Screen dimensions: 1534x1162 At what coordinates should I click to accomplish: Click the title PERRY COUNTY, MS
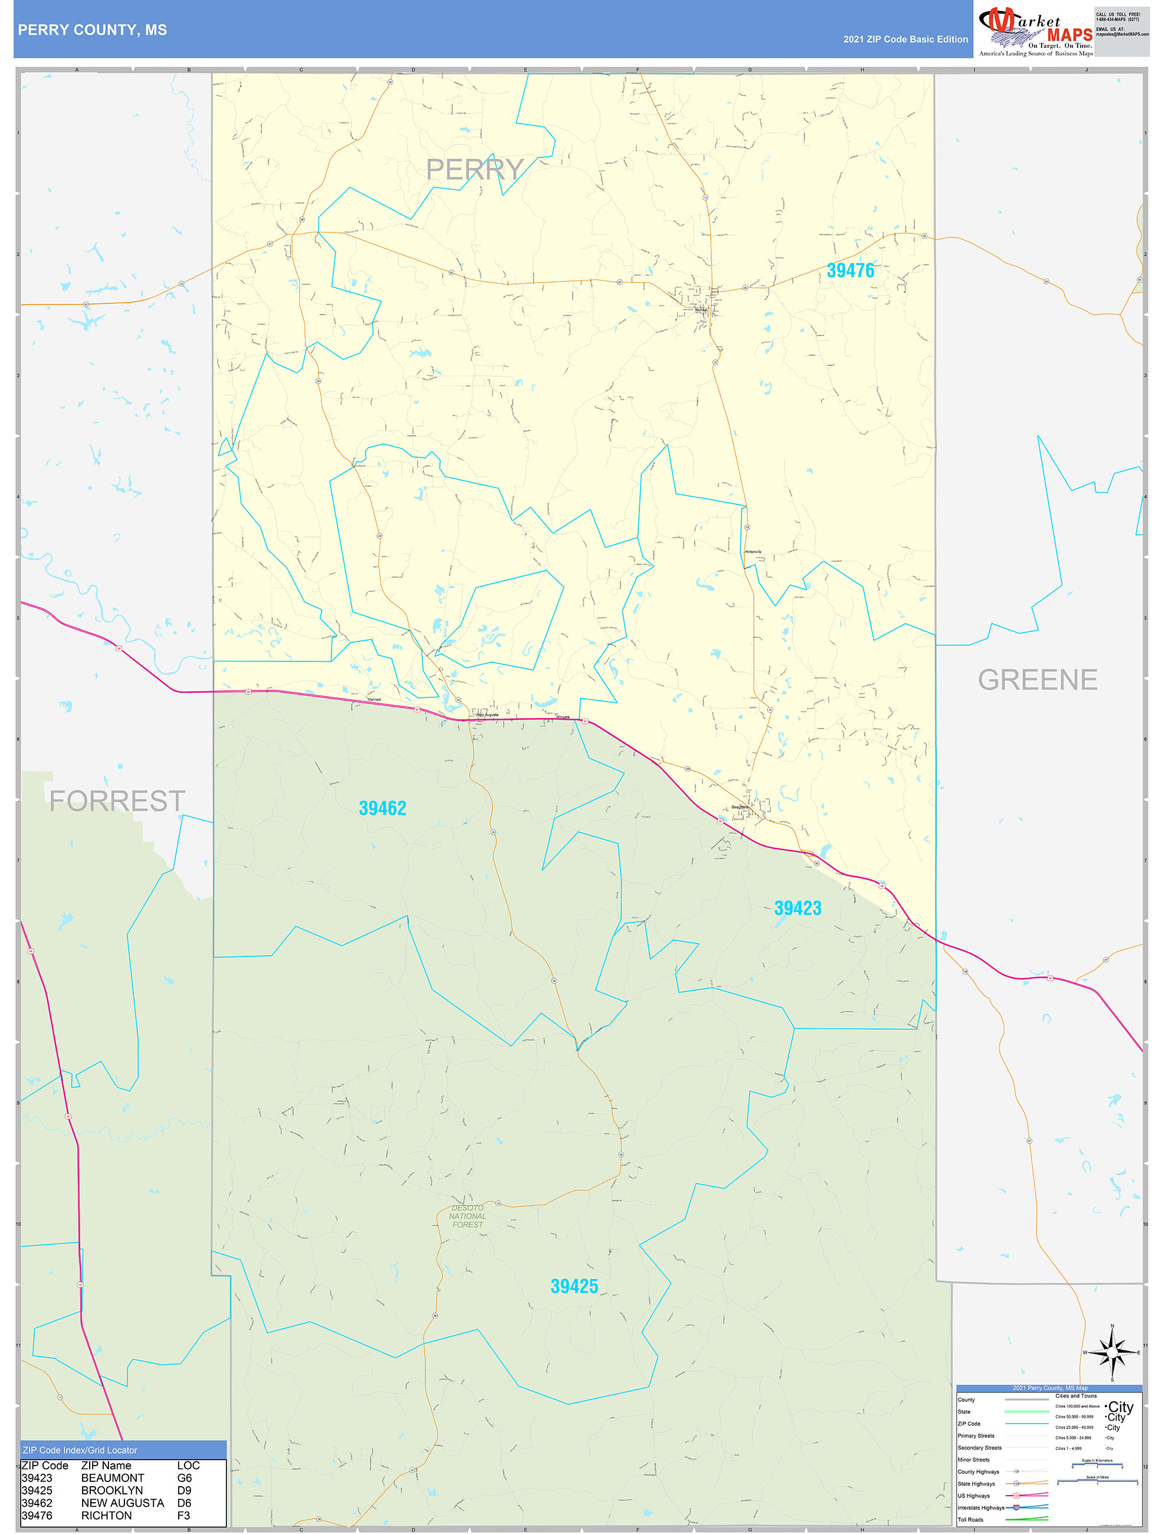pyautogui.click(x=92, y=30)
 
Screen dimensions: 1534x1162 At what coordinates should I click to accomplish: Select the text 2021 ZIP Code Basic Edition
pyautogui.click(x=905, y=40)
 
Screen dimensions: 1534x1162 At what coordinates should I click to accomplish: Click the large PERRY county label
pyautogui.click(x=474, y=169)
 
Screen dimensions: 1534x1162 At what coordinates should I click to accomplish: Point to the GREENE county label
pyautogui.click(x=1037, y=680)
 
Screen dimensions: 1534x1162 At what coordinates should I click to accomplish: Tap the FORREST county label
pyautogui.click(x=116, y=801)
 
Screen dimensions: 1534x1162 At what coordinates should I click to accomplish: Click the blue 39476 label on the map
pyautogui.click(x=850, y=270)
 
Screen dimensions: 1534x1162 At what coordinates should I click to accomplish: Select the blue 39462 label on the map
pyautogui.click(x=382, y=808)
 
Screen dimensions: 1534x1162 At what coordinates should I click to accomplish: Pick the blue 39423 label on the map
pyautogui.click(x=797, y=908)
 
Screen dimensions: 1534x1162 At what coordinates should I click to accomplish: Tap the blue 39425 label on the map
pyautogui.click(x=574, y=1286)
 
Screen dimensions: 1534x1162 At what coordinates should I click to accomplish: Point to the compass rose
pyautogui.click(x=1112, y=1352)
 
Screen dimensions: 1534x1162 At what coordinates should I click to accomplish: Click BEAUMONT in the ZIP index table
pyautogui.click(x=112, y=1478)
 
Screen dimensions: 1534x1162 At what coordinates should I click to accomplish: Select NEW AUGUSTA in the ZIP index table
pyautogui.click(x=123, y=1503)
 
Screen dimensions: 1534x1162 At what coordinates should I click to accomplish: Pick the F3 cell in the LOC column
pyautogui.click(x=183, y=1515)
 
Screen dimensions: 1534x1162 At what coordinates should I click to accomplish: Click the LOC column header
pyautogui.click(x=188, y=1466)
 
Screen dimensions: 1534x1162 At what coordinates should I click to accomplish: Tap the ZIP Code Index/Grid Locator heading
pyautogui.click(x=80, y=1450)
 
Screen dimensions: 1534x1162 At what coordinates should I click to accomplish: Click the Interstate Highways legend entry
pyautogui.click(x=980, y=1507)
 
